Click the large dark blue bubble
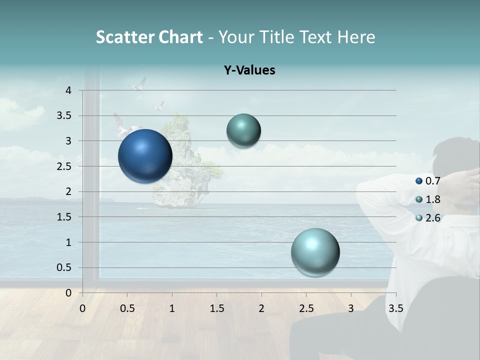[x=145, y=156]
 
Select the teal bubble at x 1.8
[x=243, y=131]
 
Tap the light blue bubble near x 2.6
[x=315, y=252]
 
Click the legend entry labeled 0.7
[x=432, y=180]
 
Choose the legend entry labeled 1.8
[x=432, y=199]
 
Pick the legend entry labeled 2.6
[x=432, y=218]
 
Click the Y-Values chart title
[x=249, y=70]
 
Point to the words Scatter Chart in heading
[x=149, y=37]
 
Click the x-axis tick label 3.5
[x=395, y=308]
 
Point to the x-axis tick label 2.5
[x=306, y=308]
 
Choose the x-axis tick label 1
[x=172, y=308]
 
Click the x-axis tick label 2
[x=261, y=308]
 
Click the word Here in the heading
[x=356, y=37]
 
